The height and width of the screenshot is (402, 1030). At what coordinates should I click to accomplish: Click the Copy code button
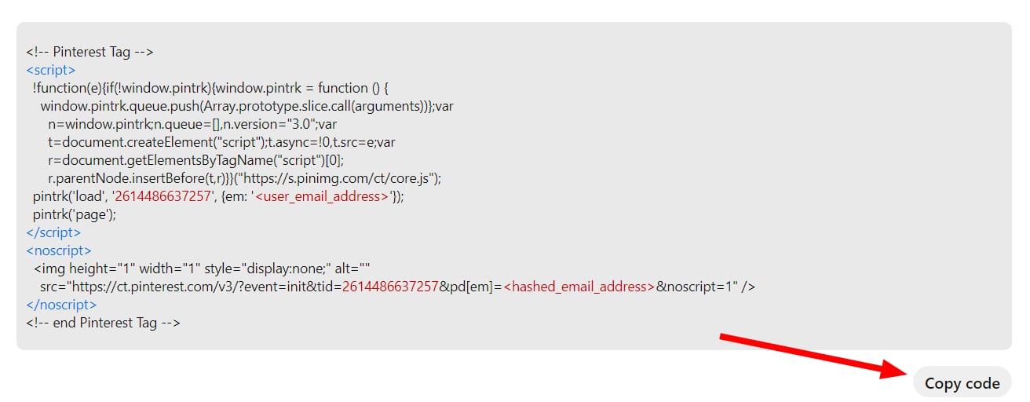[962, 383]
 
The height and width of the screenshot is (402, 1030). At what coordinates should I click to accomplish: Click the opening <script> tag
[51, 70]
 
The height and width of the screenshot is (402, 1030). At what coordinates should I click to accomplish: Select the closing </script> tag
[53, 232]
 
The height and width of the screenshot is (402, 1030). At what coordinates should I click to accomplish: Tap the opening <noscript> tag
[59, 250]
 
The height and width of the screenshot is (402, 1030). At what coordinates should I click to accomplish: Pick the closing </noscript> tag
[61, 305]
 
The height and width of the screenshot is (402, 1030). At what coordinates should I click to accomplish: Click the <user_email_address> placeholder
[322, 196]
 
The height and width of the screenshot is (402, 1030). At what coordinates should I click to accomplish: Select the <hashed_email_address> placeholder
[579, 287]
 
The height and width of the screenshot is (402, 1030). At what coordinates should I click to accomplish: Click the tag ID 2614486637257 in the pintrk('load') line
[163, 196]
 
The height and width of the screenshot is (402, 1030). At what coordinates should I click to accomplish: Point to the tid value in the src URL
[390, 287]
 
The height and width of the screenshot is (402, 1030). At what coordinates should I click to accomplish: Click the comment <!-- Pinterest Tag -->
[89, 52]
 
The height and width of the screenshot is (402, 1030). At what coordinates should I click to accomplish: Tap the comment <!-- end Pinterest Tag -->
[103, 323]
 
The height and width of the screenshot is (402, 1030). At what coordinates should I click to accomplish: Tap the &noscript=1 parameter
[696, 287]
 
